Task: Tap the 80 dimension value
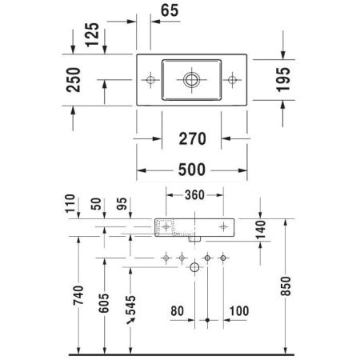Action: point(178,310)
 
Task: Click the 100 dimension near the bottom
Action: point(238,310)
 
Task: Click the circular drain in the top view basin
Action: point(191,79)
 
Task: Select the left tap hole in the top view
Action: point(151,79)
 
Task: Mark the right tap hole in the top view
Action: point(231,79)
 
